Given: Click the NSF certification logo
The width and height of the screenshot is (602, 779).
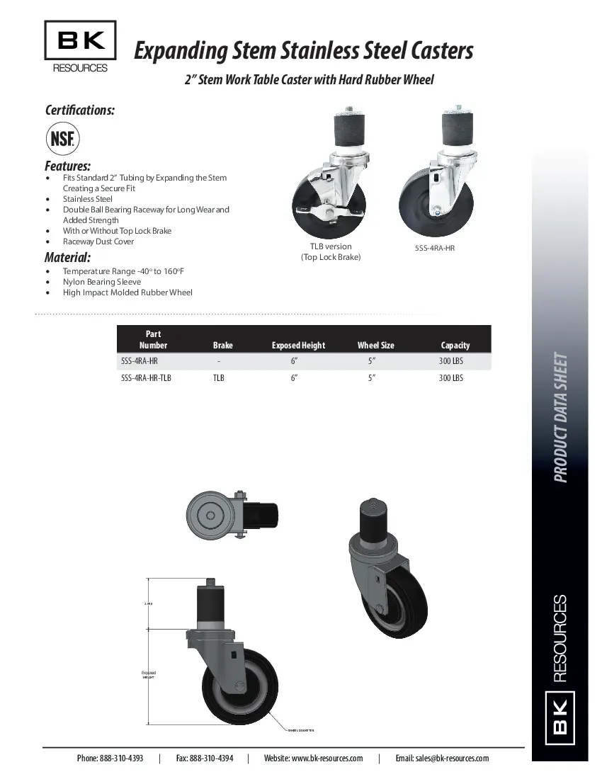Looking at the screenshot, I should pos(63,138).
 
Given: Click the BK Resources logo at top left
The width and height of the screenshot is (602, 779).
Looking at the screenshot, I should pos(80,47).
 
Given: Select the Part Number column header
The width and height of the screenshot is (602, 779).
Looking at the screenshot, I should pos(153,340).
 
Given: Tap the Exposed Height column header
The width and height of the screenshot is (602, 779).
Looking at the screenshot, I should pos(298,346).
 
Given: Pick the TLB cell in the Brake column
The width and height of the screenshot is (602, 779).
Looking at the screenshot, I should pos(219,378).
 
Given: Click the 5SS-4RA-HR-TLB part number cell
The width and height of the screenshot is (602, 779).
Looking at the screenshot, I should pos(146,378).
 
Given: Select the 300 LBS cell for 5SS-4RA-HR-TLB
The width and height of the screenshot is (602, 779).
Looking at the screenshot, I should pos(451,378).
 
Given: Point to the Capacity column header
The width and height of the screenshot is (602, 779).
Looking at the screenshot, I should pos(455,346).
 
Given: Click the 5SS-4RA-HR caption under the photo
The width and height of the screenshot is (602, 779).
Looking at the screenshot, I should pos(434,249).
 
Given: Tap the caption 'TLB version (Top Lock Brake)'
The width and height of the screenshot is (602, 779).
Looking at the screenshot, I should pos(331,252).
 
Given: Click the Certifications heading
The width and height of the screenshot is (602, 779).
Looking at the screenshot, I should pos(80,110).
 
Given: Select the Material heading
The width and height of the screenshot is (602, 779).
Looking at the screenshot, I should pos(67,257).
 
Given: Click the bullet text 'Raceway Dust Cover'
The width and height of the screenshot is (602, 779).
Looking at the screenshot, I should pos(98,241).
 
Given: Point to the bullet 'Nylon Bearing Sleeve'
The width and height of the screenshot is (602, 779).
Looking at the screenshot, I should pos(102,282).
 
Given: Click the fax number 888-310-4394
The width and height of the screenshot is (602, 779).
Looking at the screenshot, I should pos(205,758).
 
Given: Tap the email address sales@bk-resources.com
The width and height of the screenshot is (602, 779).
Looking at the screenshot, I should pos(442,758).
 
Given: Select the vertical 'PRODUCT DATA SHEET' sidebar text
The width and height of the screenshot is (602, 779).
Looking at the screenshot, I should pos(560,417).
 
